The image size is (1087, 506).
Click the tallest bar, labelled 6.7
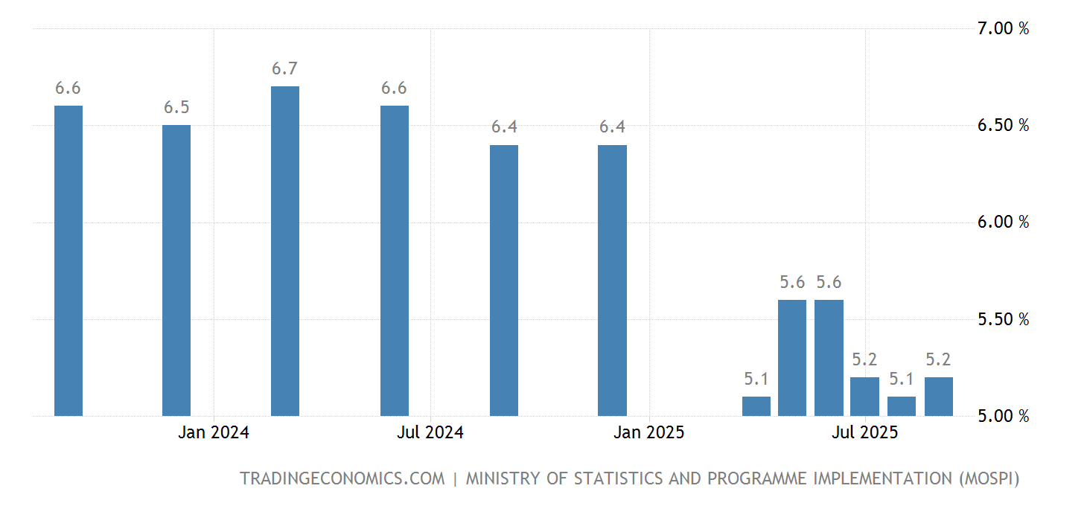[285, 251]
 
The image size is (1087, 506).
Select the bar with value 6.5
[176, 270]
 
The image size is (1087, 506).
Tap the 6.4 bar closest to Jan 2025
[612, 280]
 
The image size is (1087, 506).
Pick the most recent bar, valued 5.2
[938, 396]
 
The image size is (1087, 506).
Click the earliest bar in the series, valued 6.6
[68, 260]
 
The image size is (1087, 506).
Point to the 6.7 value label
[284, 69]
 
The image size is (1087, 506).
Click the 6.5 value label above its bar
[176, 108]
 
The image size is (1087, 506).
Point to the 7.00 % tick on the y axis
[1003, 29]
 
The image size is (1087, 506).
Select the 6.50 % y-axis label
[1003, 125]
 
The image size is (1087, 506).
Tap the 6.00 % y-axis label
[1003, 222]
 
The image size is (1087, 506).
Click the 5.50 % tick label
[1003, 319]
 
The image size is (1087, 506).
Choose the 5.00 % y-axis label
[1003, 416]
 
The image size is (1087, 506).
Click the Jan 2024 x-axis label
[214, 432]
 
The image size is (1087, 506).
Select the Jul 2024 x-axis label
[430, 432]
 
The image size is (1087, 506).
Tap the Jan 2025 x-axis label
[649, 432]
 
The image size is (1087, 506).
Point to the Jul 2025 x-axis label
[865, 432]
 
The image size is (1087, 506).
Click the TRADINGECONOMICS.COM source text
[342, 478]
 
